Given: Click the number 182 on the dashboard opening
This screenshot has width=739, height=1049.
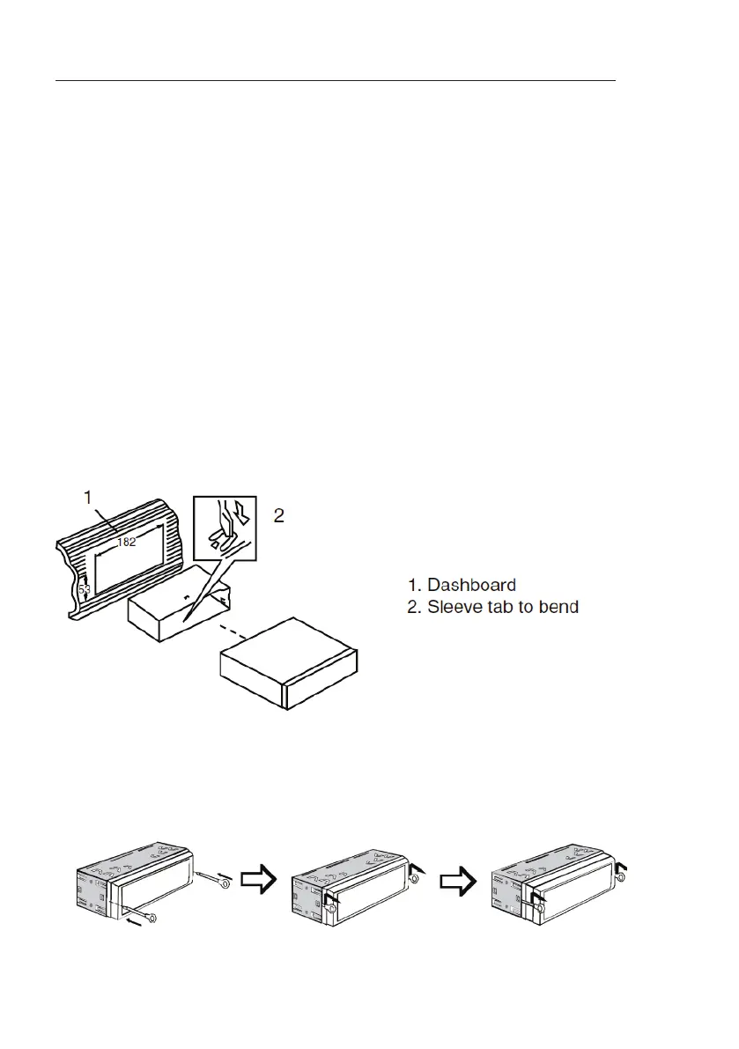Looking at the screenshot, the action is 127,542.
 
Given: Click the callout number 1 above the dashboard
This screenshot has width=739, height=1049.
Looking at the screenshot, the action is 88,498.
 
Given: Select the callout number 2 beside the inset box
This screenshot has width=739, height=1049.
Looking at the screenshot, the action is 278,516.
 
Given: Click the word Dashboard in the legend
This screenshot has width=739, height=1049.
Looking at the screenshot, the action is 471,585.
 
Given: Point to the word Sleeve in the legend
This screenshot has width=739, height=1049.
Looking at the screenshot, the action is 454,608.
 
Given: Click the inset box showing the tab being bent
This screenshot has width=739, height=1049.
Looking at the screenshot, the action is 224,528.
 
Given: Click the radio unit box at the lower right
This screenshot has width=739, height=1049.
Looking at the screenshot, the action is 289,661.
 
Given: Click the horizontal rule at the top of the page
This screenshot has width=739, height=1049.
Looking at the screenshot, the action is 335,80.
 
